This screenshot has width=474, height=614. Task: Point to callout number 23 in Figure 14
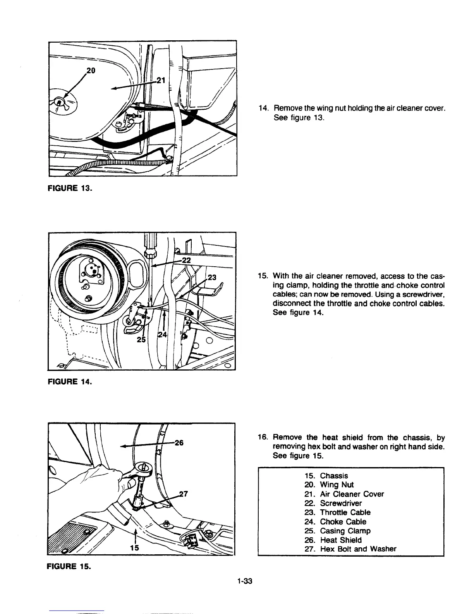click(213, 277)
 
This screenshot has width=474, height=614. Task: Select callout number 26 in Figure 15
click(179, 443)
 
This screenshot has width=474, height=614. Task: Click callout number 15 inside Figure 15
click(135, 548)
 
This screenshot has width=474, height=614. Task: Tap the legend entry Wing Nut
click(337, 485)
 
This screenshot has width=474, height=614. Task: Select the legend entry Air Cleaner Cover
click(352, 494)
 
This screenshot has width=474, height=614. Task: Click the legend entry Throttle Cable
click(345, 512)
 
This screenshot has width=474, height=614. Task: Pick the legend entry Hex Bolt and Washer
click(358, 549)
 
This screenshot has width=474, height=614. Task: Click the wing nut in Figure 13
click(58, 102)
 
